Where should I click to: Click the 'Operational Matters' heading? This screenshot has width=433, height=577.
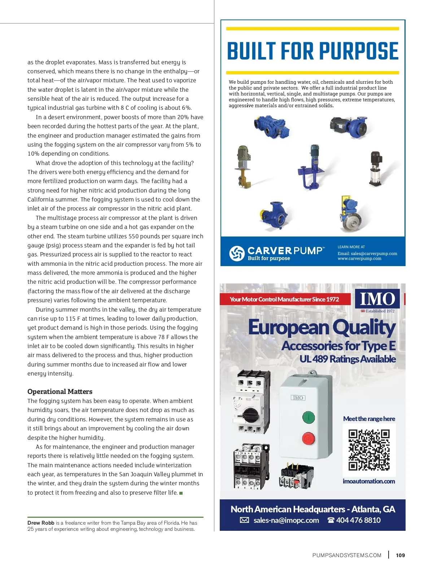click(60, 391)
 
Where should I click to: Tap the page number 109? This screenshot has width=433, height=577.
click(400, 555)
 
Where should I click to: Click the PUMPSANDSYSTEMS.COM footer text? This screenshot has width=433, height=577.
click(347, 555)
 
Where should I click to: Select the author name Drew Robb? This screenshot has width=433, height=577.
click(41, 523)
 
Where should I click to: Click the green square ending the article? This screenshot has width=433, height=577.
click(181, 493)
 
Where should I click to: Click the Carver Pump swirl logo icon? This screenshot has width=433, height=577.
click(237, 253)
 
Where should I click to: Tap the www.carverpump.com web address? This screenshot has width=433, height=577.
click(359, 259)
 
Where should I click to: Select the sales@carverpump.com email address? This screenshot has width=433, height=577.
click(374, 253)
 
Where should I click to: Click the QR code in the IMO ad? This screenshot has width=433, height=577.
click(369, 450)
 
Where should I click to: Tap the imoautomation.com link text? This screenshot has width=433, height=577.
click(369, 481)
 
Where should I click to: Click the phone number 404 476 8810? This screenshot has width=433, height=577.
click(358, 520)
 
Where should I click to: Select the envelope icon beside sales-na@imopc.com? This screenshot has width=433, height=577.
click(244, 520)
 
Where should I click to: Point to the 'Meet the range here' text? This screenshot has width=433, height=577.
click(369, 419)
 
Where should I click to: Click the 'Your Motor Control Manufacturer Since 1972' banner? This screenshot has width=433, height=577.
click(284, 299)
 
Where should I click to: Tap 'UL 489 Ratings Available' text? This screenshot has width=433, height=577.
click(347, 359)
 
